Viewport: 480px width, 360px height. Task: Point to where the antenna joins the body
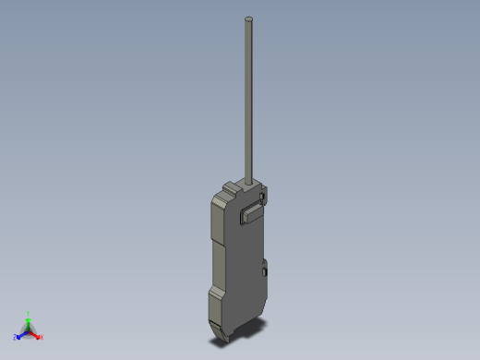click(249, 180)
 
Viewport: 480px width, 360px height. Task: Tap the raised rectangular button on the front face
click(251, 214)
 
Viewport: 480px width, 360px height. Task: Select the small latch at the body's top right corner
click(264, 196)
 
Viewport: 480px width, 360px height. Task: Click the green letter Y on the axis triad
click(29, 313)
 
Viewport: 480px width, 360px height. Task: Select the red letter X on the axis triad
click(42, 337)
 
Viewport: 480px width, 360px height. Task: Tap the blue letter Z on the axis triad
click(16, 338)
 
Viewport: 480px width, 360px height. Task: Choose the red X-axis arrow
click(35, 333)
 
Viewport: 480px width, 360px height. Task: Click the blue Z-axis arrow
click(22, 334)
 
